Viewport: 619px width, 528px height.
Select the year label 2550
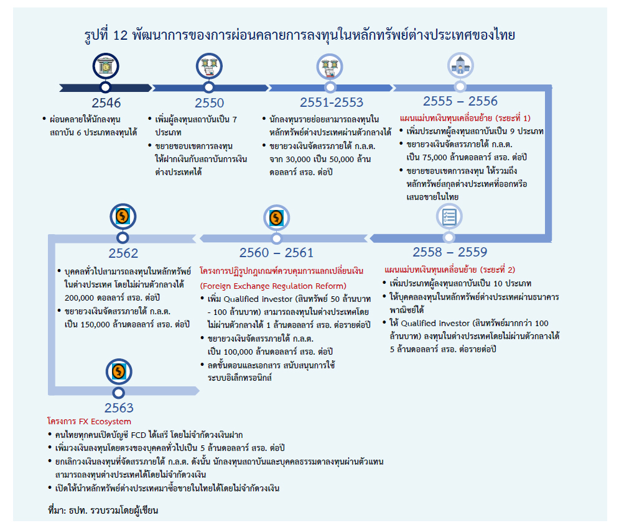209,103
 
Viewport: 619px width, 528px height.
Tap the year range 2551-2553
331,102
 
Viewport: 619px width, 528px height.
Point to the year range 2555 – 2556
460,101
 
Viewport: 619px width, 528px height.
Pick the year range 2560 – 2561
276,253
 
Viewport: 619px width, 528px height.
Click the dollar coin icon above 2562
123,217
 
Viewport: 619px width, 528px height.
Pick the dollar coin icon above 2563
118,371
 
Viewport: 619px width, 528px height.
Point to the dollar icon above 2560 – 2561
275,217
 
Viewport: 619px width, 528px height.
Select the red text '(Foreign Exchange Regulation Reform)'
272,286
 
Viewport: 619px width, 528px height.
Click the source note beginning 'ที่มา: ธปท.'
103,511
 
